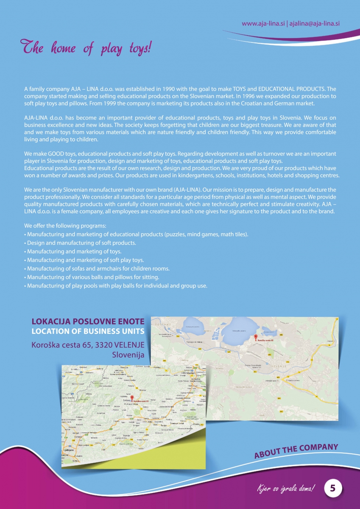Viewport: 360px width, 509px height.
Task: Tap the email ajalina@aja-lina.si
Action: [314, 24]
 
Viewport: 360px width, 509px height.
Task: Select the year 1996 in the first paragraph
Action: [226, 96]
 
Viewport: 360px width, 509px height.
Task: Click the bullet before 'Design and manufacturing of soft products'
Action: [25, 243]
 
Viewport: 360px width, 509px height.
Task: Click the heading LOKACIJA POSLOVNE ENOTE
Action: [88, 322]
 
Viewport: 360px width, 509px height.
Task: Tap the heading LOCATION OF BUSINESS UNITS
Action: [88, 331]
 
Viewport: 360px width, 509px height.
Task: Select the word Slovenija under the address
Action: [128, 355]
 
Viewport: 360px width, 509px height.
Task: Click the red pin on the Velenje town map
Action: [255, 337]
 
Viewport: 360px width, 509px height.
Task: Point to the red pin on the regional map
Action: [132, 398]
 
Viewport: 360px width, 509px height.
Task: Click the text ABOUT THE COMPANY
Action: [296, 451]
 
